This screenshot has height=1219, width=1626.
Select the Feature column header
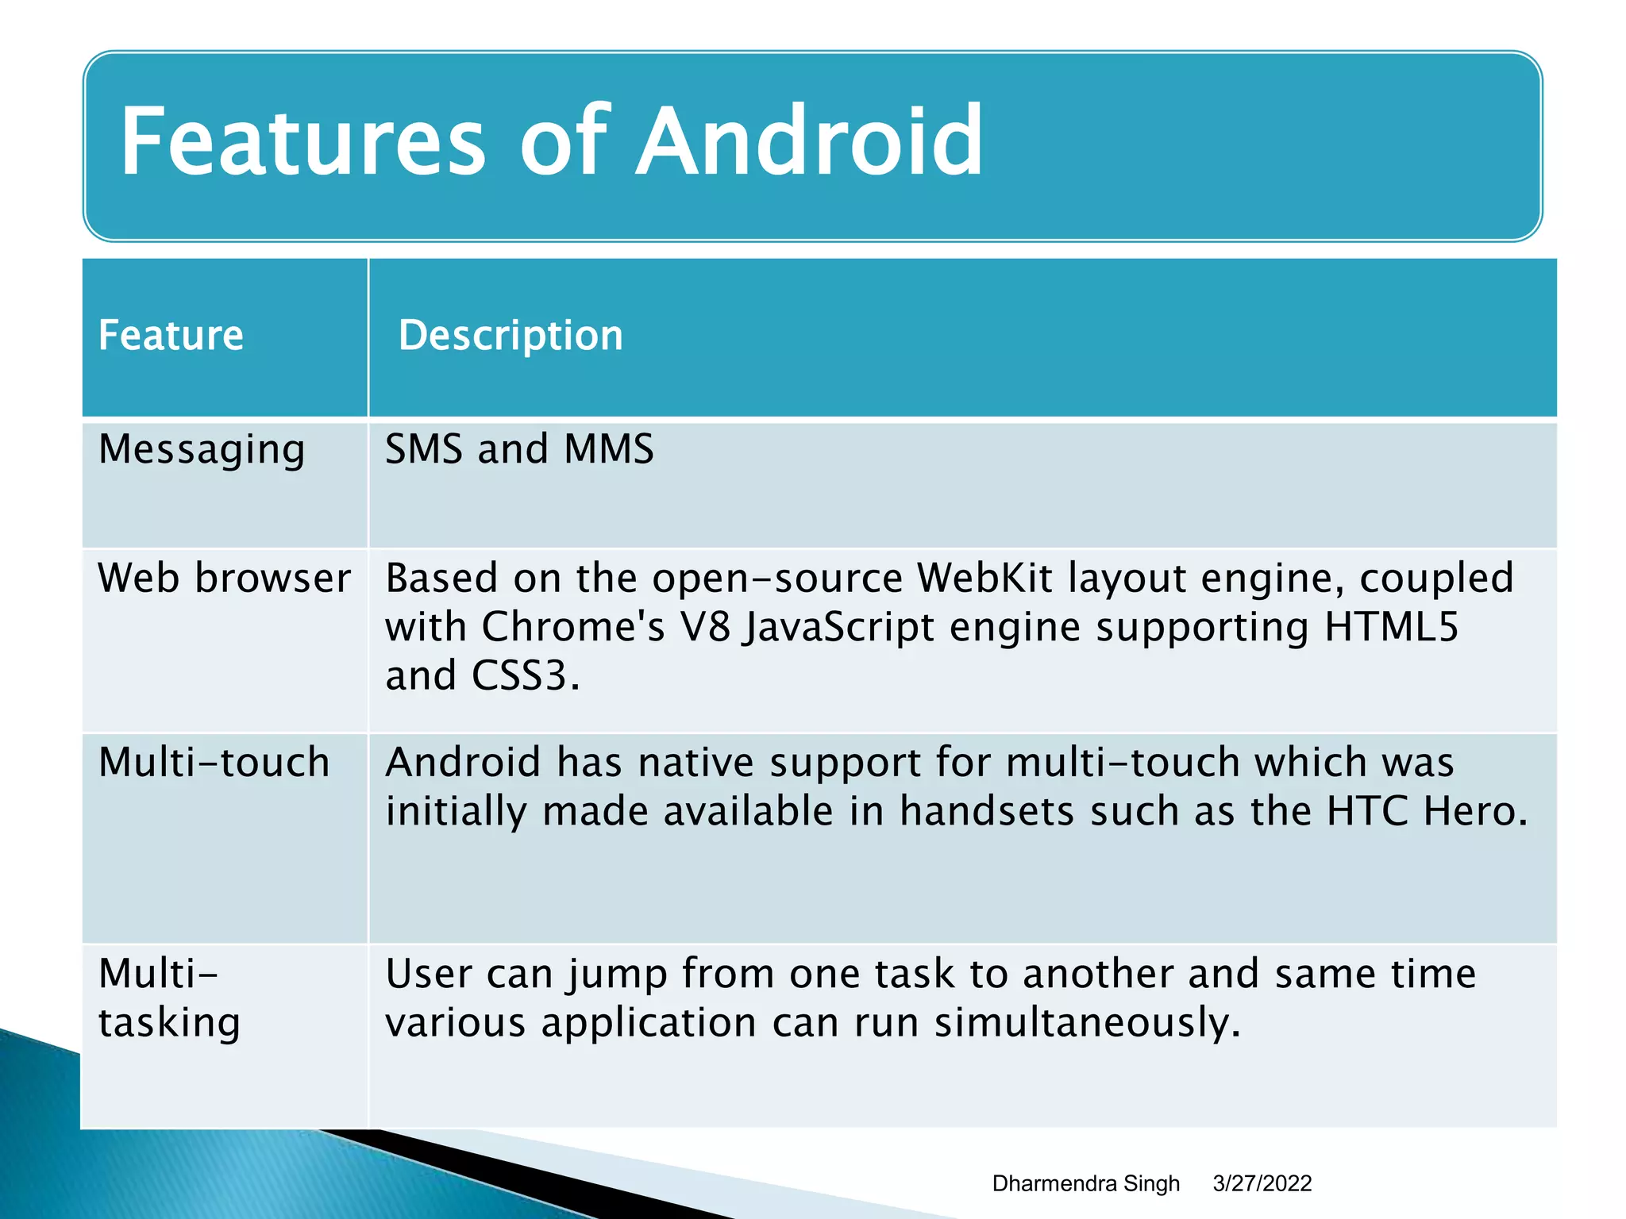(x=171, y=335)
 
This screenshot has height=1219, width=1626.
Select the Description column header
(x=511, y=335)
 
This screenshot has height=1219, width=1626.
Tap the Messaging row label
(x=202, y=450)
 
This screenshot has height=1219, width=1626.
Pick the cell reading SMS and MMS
(x=519, y=449)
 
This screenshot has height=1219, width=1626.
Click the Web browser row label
(x=224, y=578)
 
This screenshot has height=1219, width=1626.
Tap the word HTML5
(x=1391, y=627)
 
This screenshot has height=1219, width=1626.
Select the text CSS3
(x=520, y=676)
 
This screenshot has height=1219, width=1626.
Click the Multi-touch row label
(x=214, y=763)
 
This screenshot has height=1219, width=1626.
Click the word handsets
(x=987, y=811)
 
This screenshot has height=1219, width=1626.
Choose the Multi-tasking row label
(x=169, y=998)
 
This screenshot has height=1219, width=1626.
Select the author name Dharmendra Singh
(x=1085, y=1183)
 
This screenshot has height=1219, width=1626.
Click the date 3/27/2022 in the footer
(x=1262, y=1183)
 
